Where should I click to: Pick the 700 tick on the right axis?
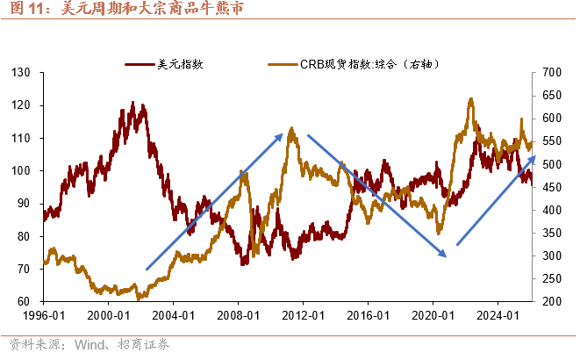coord(553,72)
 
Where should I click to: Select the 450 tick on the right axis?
coord(553,187)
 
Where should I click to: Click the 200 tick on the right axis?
coord(553,301)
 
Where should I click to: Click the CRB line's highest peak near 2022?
coord(471,99)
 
